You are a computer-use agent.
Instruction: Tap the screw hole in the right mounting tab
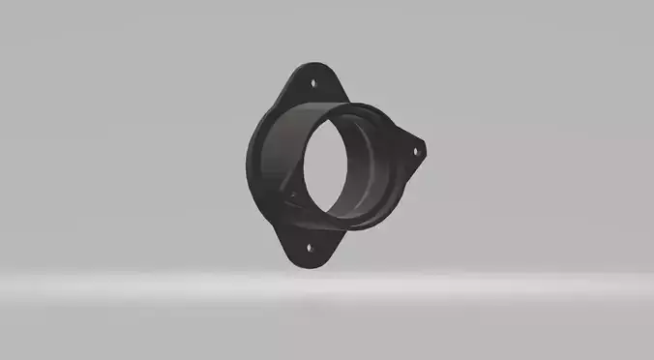(x=417, y=150)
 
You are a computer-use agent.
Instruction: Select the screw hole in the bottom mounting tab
(x=311, y=247)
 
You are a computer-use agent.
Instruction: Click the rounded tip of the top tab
(x=313, y=67)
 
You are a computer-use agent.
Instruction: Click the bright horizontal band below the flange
(x=327, y=285)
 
